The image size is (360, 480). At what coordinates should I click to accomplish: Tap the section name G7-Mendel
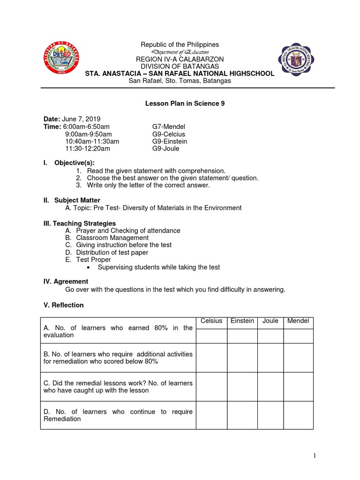point(169,127)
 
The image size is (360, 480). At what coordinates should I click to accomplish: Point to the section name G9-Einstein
point(170,141)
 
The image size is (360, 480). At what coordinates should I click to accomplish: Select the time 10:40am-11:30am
point(92,141)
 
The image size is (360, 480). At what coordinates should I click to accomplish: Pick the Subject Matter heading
point(77,200)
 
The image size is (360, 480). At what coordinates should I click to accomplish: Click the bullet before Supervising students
point(89,268)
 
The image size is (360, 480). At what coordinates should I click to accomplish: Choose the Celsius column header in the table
point(211,321)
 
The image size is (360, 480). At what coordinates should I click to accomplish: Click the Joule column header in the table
point(270,321)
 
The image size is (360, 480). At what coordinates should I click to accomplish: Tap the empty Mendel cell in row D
point(298,415)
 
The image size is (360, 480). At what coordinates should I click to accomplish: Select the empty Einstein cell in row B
point(242,358)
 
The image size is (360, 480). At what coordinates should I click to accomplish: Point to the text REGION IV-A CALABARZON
point(180,59)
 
